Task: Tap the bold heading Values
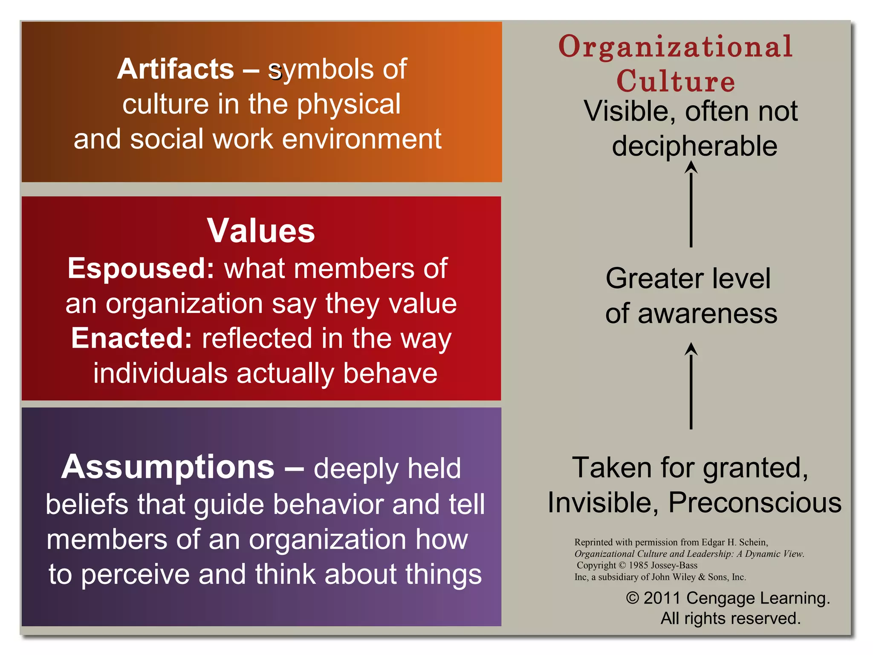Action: (x=261, y=231)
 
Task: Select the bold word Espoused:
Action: (x=141, y=269)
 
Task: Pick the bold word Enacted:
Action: (x=132, y=338)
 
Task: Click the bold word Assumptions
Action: (x=168, y=467)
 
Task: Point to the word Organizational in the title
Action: (x=675, y=47)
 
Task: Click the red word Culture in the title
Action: (x=676, y=81)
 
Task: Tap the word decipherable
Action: (x=694, y=146)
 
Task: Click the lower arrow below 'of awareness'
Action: (x=691, y=386)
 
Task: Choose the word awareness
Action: (x=708, y=314)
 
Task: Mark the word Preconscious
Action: (x=754, y=502)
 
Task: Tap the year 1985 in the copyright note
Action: (x=638, y=565)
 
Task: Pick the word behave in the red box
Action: (x=390, y=374)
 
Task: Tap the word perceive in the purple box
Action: (x=135, y=575)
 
